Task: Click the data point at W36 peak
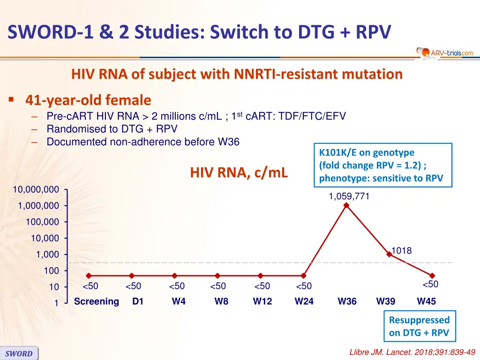click(346, 205)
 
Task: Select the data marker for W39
click(389, 254)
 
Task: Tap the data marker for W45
click(432, 276)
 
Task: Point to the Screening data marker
click(89, 276)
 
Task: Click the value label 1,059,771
click(349, 197)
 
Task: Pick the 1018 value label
click(401, 251)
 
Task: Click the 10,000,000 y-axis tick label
click(36, 190)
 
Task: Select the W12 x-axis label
click(262, 301)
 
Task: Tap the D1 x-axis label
click(138, 301)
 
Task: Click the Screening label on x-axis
click(97, 301)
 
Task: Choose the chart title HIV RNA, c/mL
click(239, 173)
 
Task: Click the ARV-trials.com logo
click(445, 53)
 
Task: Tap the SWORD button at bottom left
click(19, 353)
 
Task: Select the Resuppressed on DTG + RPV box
click(419, 326)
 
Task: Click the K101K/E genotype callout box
click(381, 165)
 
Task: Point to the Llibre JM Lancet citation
click(412, 352)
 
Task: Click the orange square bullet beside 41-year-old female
click(11, 100)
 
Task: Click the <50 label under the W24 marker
click(304, 286)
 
